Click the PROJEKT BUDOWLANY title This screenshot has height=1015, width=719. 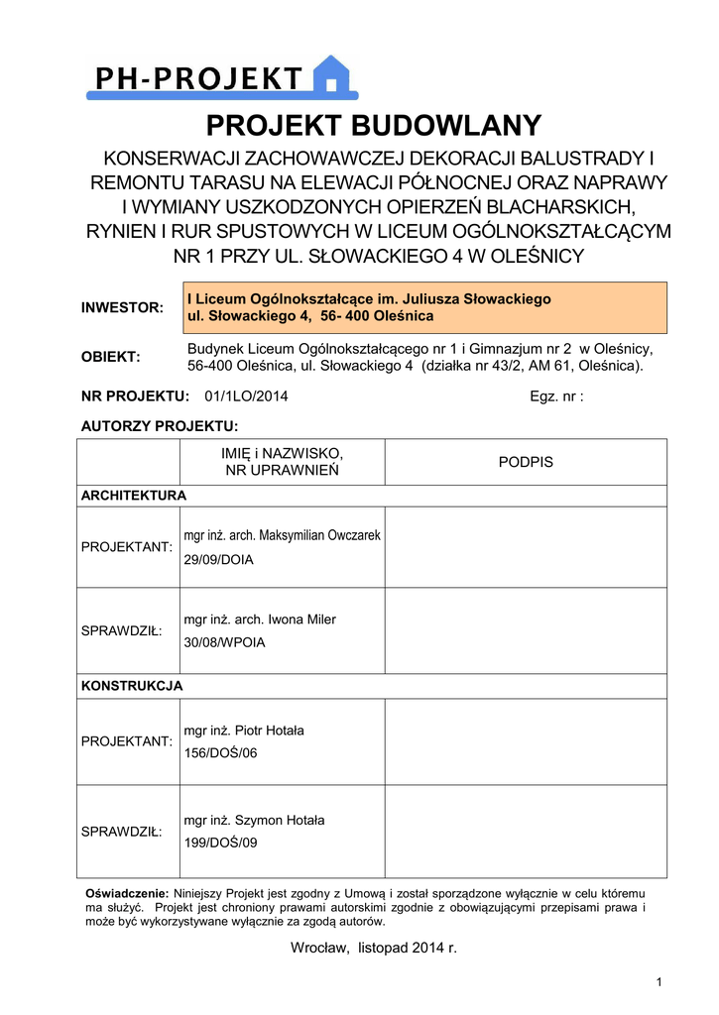[374, 126]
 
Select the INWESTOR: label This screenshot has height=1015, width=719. [122, 307]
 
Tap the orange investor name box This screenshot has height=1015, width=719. [425, 307]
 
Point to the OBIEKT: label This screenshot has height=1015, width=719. [110, 357]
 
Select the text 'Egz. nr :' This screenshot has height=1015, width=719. [557, 396]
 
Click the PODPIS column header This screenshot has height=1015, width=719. [525, 462]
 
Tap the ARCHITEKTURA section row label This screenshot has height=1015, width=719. [133, 495]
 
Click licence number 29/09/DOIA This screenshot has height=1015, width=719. [218, 560]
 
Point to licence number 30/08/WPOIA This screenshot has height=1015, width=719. [224, 642]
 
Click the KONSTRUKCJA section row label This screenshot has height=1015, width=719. [132, 685]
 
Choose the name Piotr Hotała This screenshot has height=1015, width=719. [268, 731]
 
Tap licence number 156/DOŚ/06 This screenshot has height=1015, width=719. [220, 753]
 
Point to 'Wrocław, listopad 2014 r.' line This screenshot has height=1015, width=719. [373, 949]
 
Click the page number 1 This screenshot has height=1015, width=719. [659, 982]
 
